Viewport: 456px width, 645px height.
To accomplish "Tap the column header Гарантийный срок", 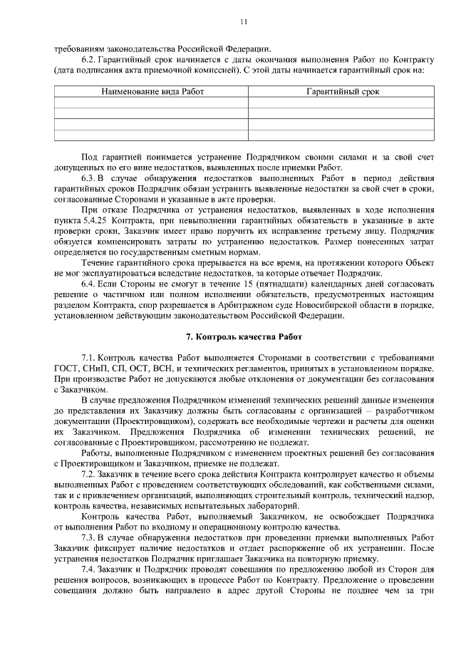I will coord(342,92).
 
